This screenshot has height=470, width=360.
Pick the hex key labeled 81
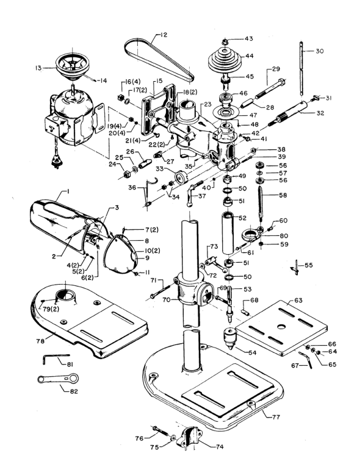(55, 358)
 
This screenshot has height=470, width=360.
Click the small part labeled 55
(296, 266)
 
